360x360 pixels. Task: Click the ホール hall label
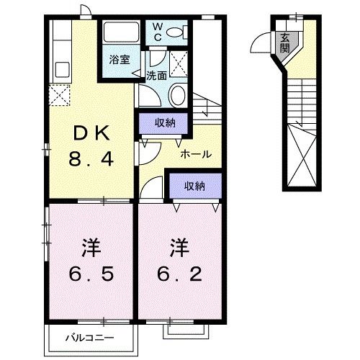[196, 154]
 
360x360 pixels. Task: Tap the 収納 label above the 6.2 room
[194, 186]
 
